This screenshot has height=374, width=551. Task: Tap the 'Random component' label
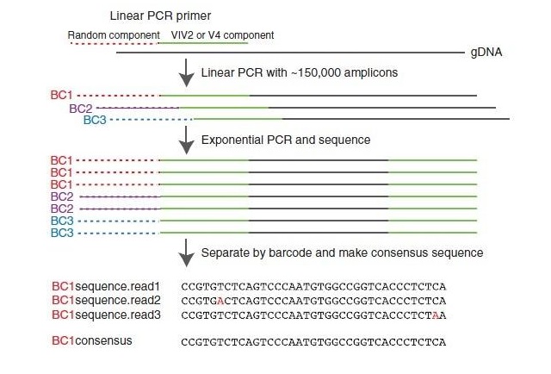tap(113, 35)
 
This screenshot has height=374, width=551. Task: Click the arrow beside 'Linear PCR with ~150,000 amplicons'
tap(186, 72)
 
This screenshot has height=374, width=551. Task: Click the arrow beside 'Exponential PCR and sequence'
tap(186, 138)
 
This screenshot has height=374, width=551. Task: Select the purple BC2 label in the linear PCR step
tap(80, 109)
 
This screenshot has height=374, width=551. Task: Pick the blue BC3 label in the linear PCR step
tap(95, 120)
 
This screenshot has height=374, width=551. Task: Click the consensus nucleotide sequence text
tap(313, 342)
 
